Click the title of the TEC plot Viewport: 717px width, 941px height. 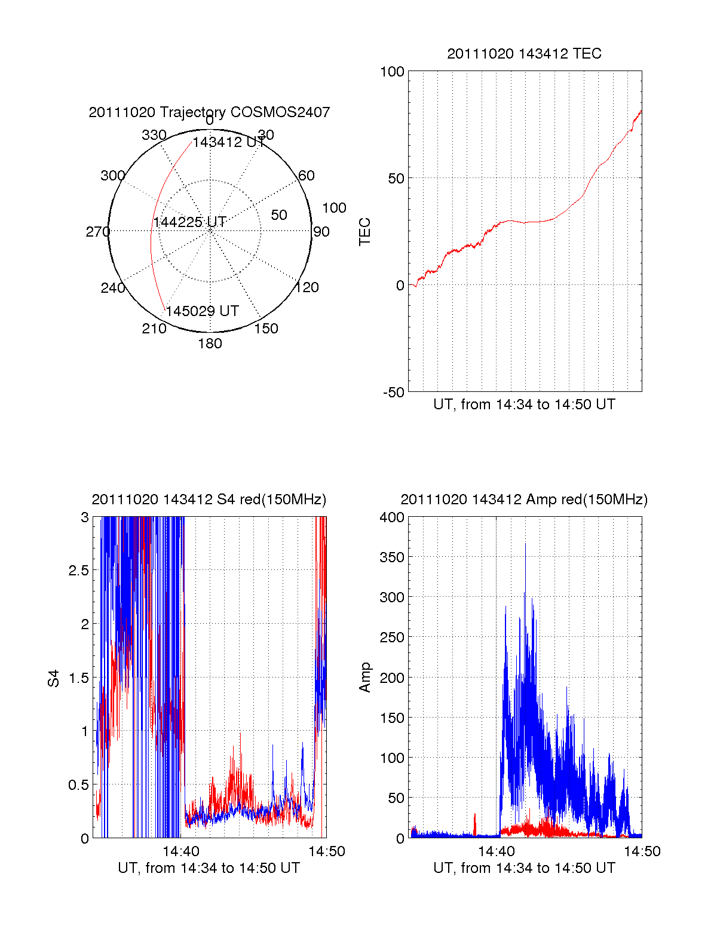pyautogui.click(x=524, y=54)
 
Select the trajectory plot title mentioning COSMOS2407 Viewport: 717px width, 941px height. pyautogui.click(x=209, y=112)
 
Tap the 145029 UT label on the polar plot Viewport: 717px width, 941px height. pyautogui.click(x=202, y=311)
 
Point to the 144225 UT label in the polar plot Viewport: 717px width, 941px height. pyautogui.click(x=189, y=222)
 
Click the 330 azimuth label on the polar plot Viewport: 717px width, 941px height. pyautogui.click(x=154, y=135)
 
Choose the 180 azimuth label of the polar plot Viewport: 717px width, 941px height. pyautogui.click(x=210, y=344)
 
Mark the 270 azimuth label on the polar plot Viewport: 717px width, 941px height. pyautogui.click(x=97, y=232)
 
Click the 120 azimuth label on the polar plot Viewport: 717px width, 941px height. pyautogui.click(x=307, y=287)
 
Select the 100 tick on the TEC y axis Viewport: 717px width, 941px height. pyautogui.click(x=392, y=72)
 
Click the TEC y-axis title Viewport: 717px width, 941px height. pyautogui.click(x=364, y=232)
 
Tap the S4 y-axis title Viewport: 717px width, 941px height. pyautogui.click(x=54, y=678)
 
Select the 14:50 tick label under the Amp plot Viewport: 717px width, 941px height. pyautogui.click(x=642, y=851)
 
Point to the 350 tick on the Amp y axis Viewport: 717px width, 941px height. pyautogui.click(x=392, y=557)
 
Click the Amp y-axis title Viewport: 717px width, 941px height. pyautogui.click(x=364, y=677)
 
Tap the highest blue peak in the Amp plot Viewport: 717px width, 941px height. pyautogui.click(x=526, y=544)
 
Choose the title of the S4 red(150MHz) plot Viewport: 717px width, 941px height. pyautogui.click(x=209, y=499)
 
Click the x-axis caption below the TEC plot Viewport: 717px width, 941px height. pyautogui.click(x=524, y=404)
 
